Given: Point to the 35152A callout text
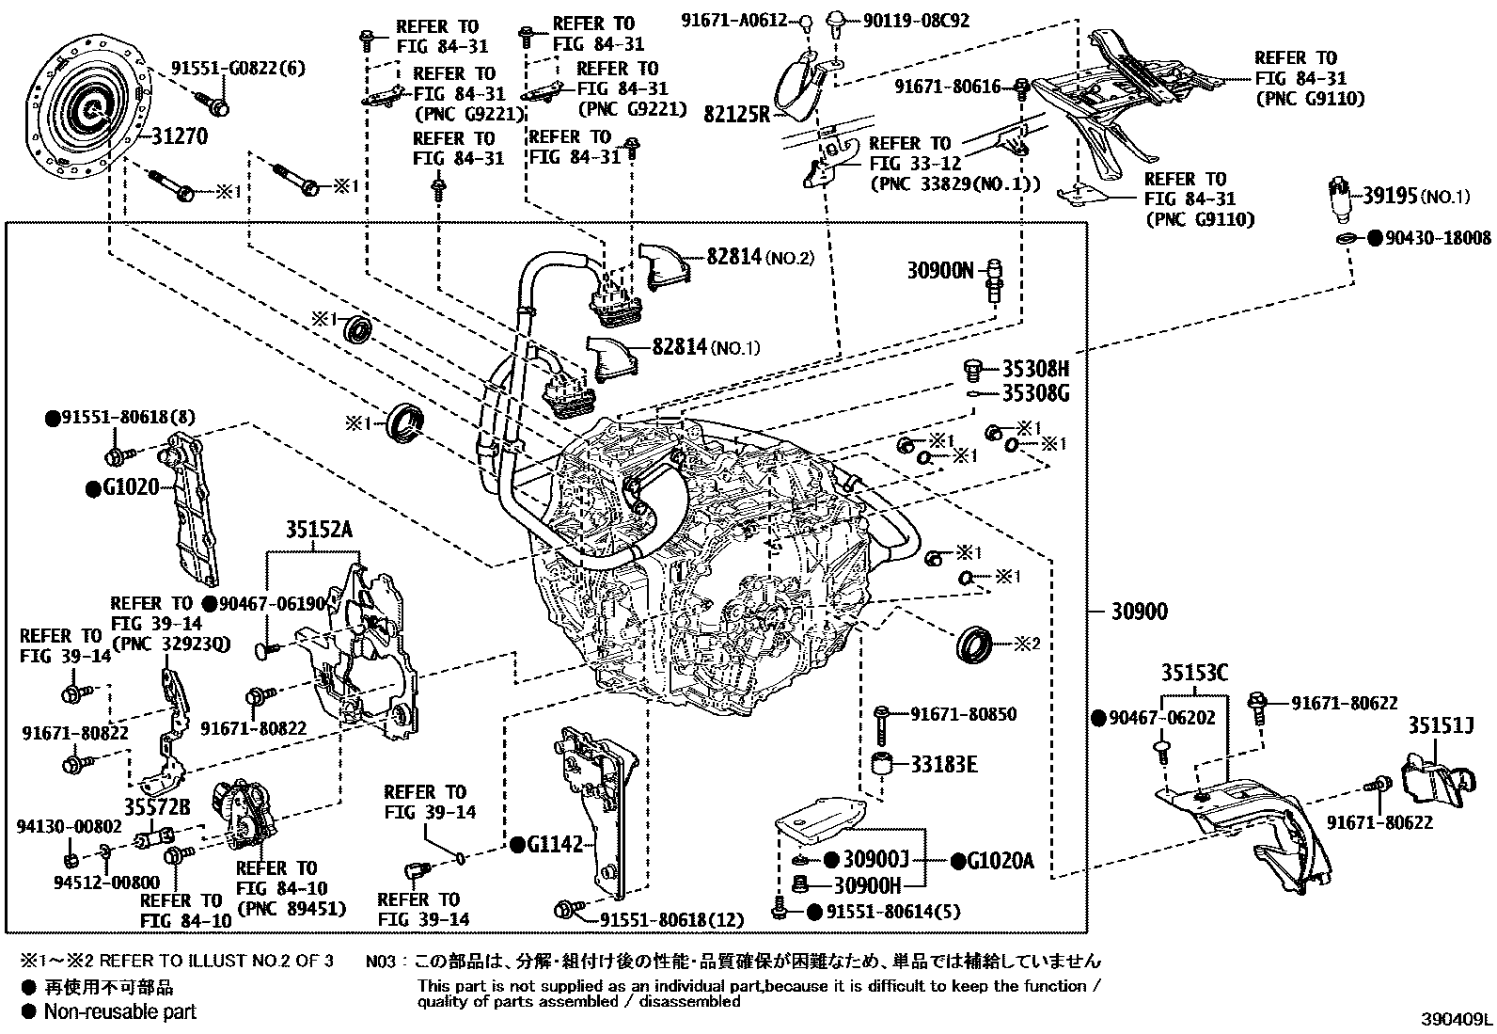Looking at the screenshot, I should [x=319, y=530].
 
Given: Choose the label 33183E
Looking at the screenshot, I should [x=942, y=764].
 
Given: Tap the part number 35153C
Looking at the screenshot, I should [x=1194, y=673].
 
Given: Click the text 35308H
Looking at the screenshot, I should [x=1034, y=367].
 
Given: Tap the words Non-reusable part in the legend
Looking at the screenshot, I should [x=120, y=1011].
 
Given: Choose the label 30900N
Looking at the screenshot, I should [x=939, y=271].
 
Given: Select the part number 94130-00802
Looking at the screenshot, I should [x=69, y=826].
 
